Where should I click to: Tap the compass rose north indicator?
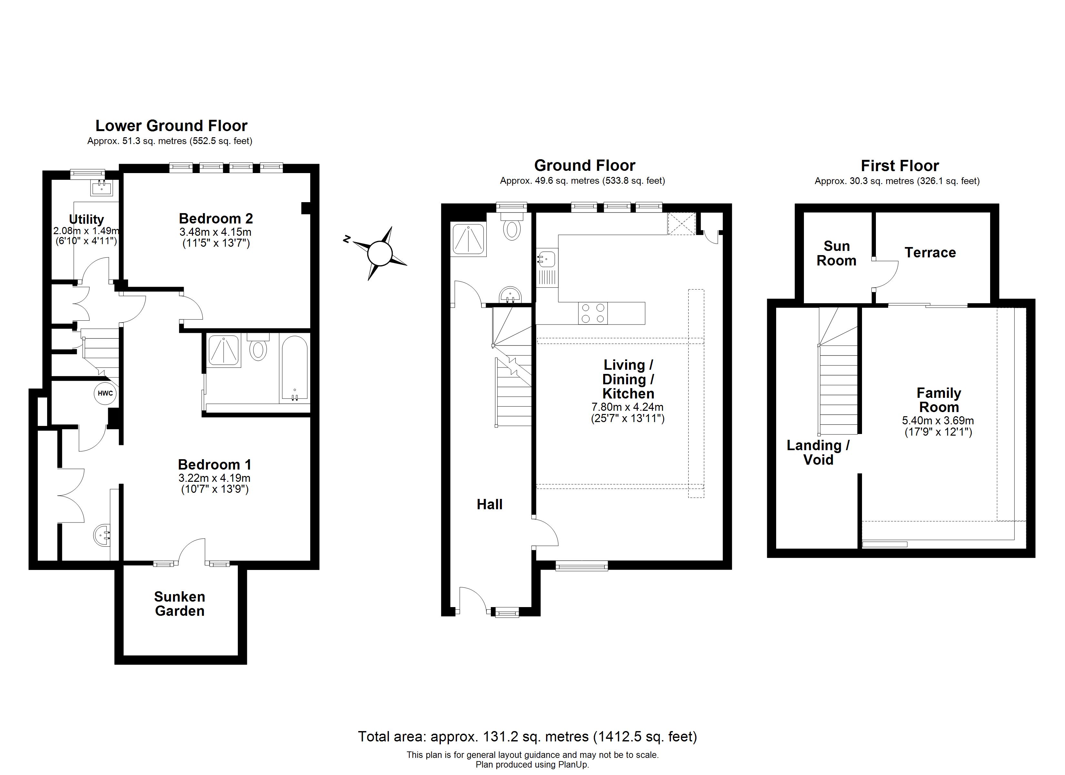tap(347, 240)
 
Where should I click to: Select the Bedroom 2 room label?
tap(216, 219)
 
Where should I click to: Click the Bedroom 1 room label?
tap(215, 465)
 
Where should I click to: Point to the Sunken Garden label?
tap(180, 604)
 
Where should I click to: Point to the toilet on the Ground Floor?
tap(512, 226)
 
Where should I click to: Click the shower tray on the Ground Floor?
tap(468, 239)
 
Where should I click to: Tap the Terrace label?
tap(930, 253)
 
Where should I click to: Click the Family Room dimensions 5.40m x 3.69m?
tap(938, 421)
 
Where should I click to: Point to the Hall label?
tap(490, 504)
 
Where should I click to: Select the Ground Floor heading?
tap(585, 165)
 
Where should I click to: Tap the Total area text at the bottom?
tap(527, 737)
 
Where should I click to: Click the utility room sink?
tap(101, 188)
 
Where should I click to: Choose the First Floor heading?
tap(900, 166)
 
